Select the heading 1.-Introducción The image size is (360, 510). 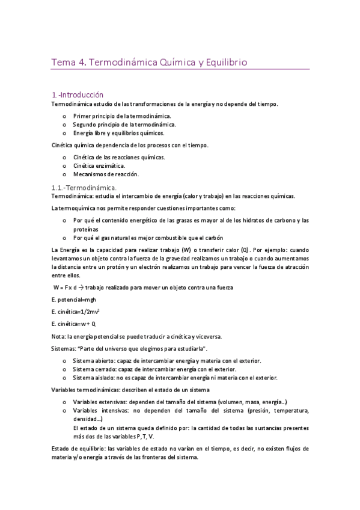pos(78,94)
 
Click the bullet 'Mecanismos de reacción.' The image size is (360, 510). pos(105,174)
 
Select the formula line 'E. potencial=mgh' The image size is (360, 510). pos(74,300)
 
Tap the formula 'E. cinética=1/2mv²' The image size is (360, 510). pos(76,312)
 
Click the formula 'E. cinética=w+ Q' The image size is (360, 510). pos(74,324)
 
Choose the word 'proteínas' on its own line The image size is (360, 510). pos(87,229)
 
